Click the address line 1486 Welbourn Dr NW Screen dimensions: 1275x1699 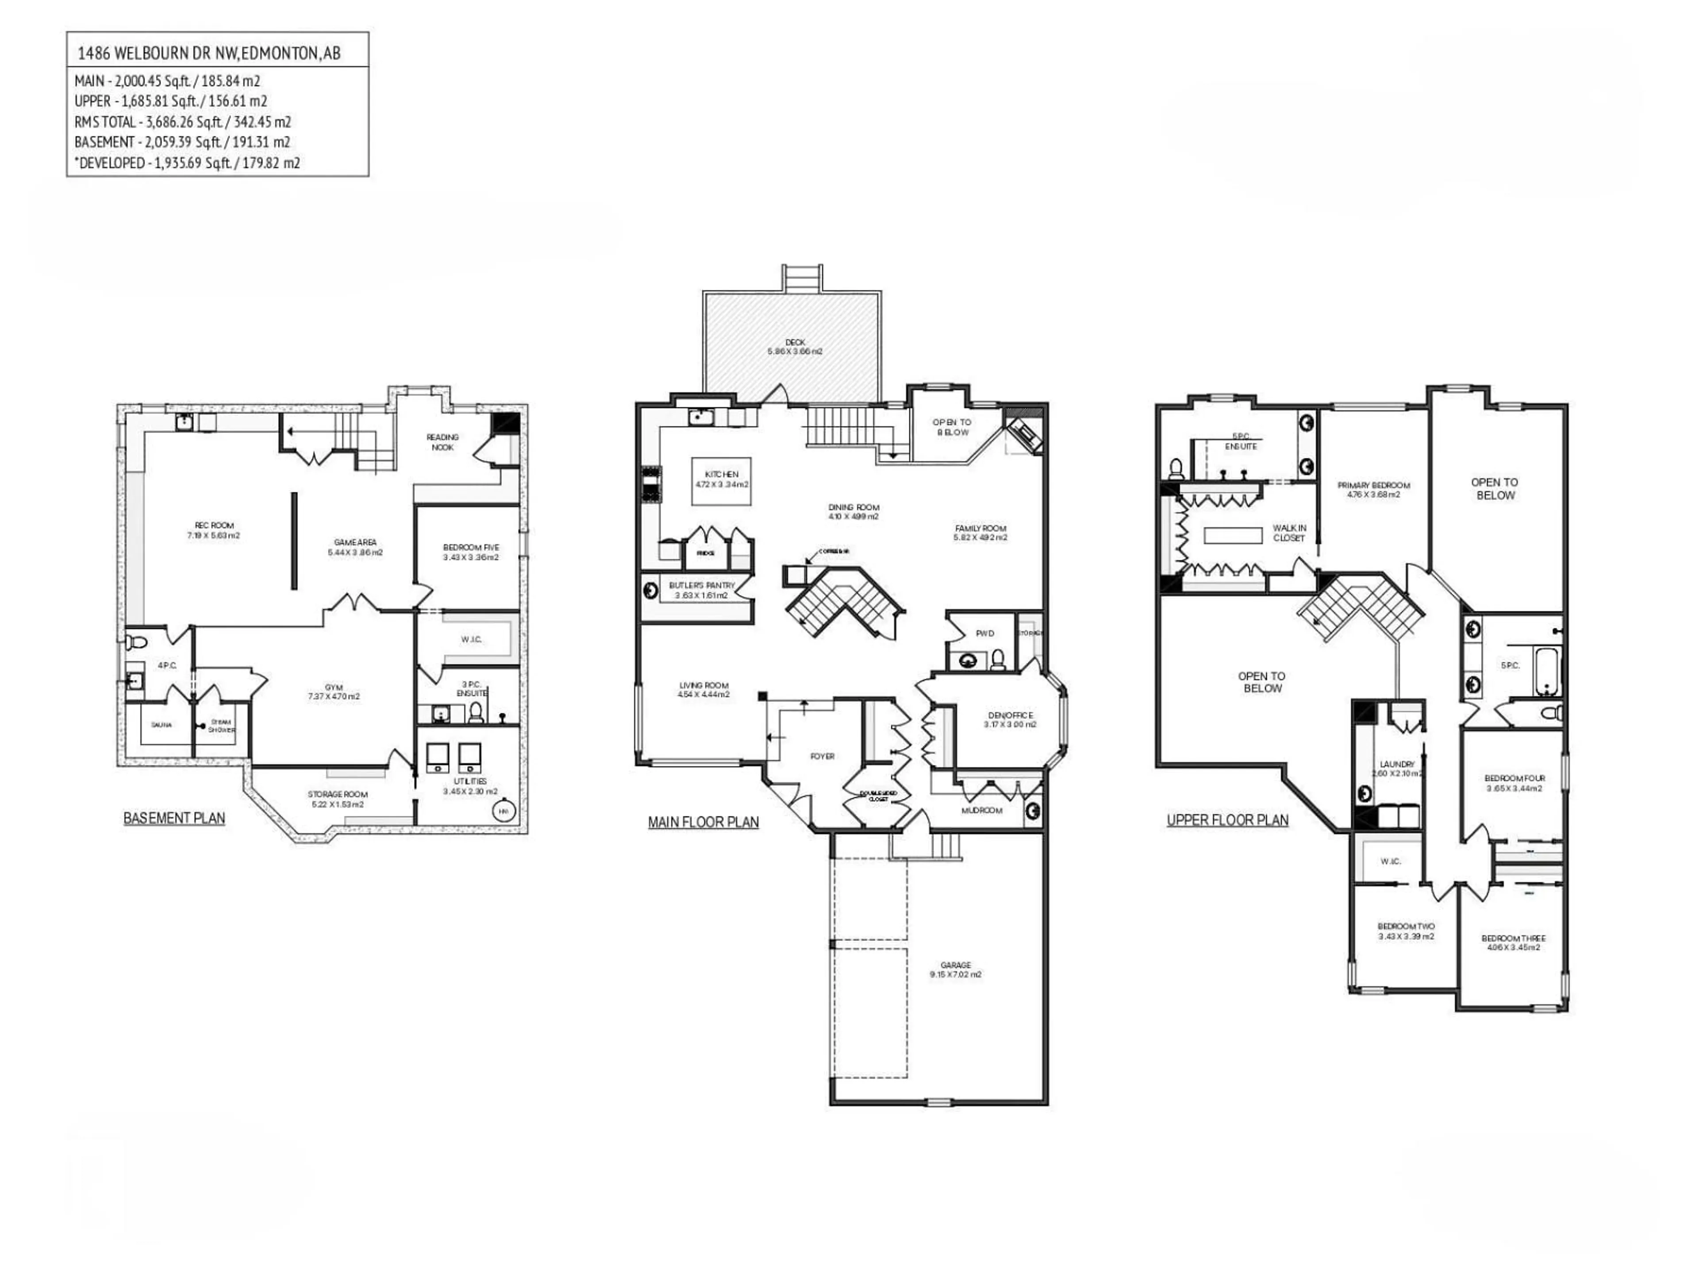[x=209, y=53]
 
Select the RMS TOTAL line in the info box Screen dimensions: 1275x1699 [x=183, y=121]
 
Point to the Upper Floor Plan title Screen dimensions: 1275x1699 [x=1227, y=820]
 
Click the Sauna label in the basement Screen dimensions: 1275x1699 [x=161, y=725]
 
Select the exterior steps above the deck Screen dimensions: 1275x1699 [x=801, y=278]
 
